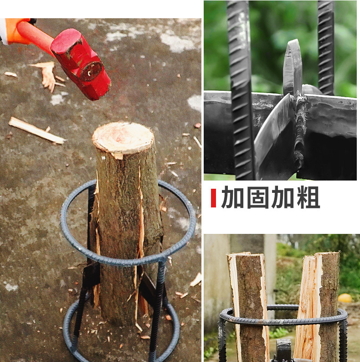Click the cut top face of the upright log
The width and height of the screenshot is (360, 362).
[x=123, y=137]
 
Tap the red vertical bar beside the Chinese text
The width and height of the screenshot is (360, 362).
[x=213, y=198]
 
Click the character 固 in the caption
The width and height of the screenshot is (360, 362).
[x=257, y=198]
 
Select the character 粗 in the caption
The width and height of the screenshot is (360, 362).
[x=307, y=198]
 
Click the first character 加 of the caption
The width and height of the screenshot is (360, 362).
[x=233, y=198]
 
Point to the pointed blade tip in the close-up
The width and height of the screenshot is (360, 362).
[x=292, y=50]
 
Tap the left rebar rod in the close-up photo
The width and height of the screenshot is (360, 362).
[x=241, y=91]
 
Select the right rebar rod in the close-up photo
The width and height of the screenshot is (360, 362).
[x=325, y=46]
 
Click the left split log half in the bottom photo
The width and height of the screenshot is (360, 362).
[x=248, y=305]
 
